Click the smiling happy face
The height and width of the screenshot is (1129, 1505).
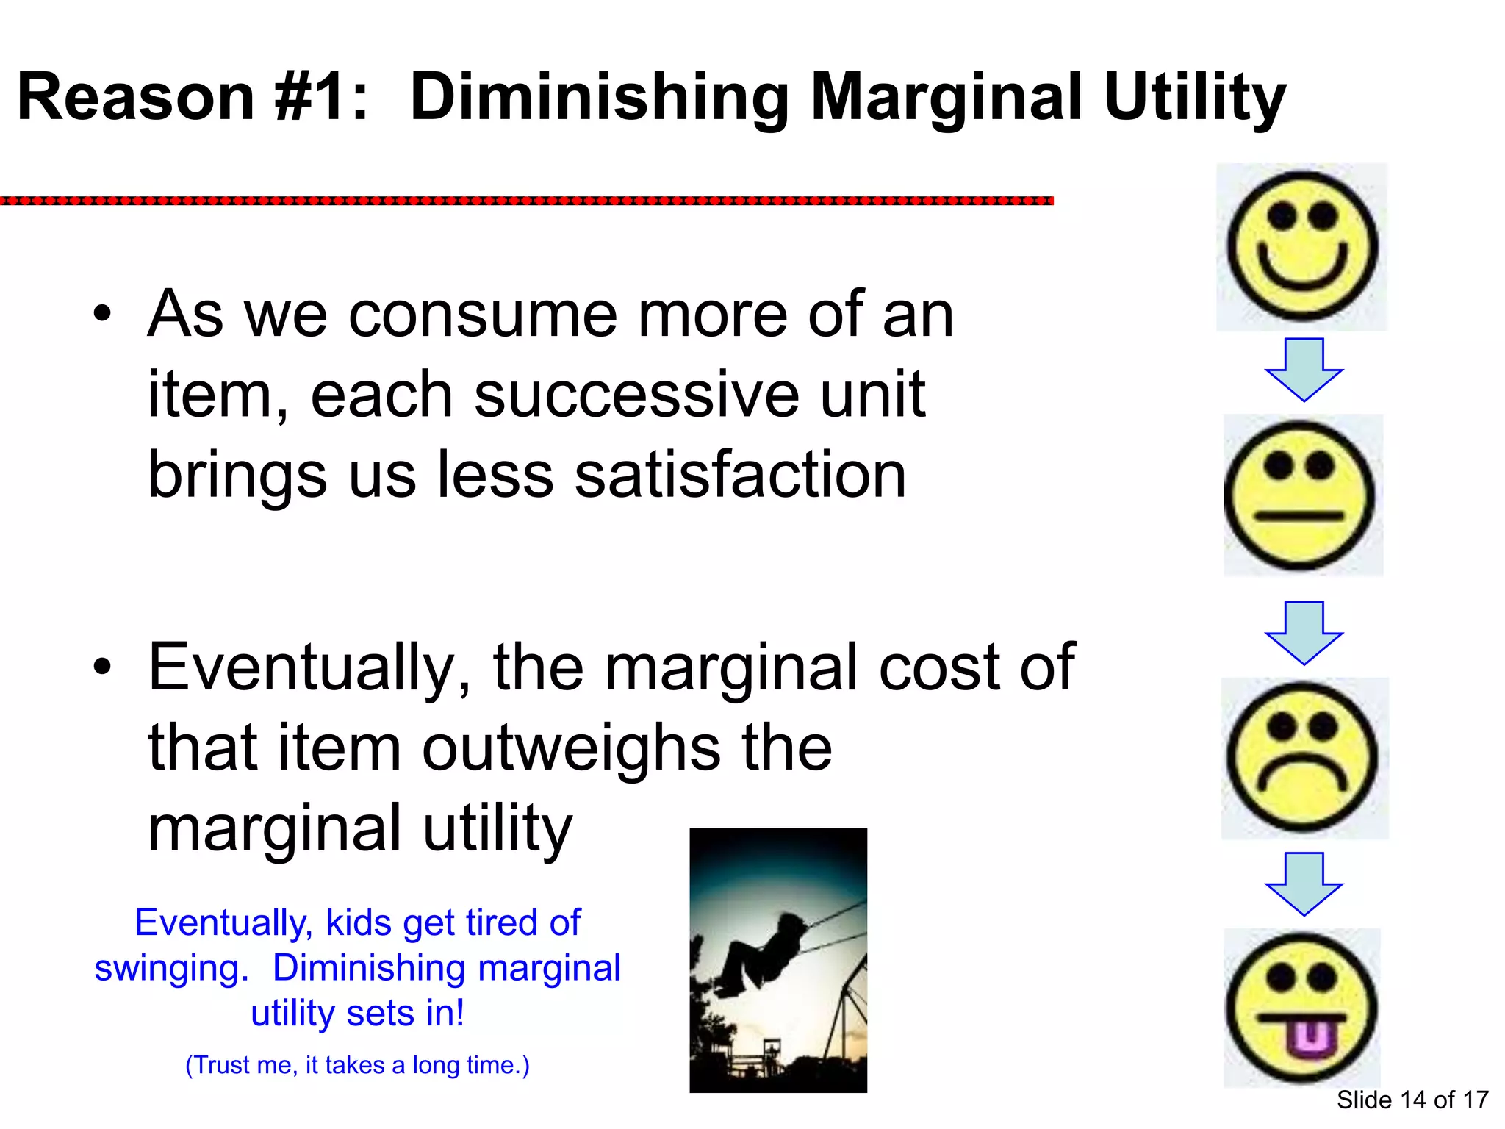pos(1301,247)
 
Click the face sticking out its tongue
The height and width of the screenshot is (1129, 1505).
pos(1301,1008)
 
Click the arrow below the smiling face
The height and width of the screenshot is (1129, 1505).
pos(1304,370)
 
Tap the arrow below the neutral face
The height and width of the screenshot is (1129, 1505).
pos(1304,633)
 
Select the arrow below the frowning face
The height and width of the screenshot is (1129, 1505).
pos(1304,884)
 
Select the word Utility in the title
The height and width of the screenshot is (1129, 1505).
pos(1194,98)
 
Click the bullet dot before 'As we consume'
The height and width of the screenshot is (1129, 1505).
pos(103,315)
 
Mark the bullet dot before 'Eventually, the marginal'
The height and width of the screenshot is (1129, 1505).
pos(103,667)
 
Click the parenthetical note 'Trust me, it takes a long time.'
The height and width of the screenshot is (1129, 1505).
pos(357,1065)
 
